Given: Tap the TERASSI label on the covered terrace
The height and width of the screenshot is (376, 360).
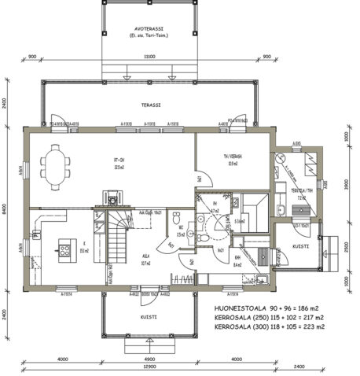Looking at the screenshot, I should tap(150, 104).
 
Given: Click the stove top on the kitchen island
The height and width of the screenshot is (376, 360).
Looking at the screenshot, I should tap(62, 253).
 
